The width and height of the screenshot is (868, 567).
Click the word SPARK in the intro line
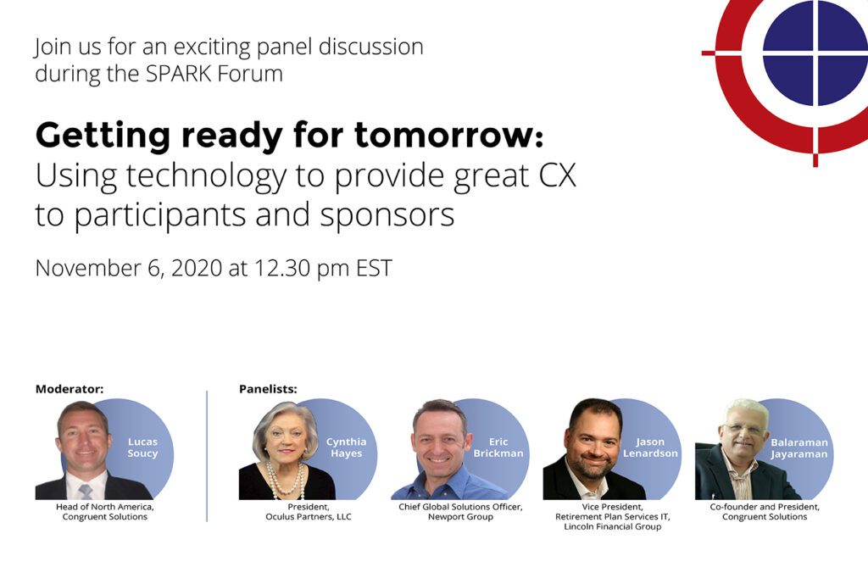pyautogui.click(x=179, y=74)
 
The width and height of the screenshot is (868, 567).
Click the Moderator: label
pyautogui.click(x=70, y=389)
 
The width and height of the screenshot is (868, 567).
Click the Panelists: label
pyautogui.click(x=269, y=389)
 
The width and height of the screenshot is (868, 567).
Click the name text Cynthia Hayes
pyautogui.click(x=347, y=447)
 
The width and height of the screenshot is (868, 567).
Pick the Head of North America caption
pyautogui.click(x=104, y=507)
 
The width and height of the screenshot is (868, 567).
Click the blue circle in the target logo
pyautogui.click(x=815, y=53)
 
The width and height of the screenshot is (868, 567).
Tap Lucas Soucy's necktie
pyautogui.click(x=85, y=491)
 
